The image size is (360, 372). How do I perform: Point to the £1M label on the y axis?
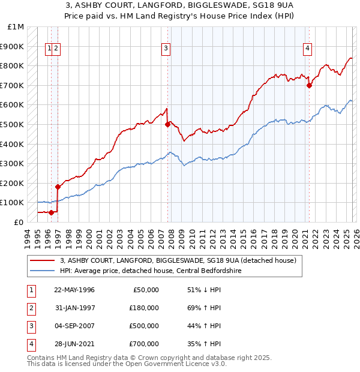pos(16,27)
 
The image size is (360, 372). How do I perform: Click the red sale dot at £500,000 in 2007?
pos(167,124)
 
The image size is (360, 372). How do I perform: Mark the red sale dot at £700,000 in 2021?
pos(310,85)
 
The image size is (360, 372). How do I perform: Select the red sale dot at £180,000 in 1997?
pos(58,187)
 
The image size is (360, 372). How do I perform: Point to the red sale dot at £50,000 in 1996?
pos(51,212)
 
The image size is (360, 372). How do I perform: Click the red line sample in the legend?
pos(43,261)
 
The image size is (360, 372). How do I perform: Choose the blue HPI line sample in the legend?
pos(43,271)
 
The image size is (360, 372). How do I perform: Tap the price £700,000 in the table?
pos(144,344)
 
